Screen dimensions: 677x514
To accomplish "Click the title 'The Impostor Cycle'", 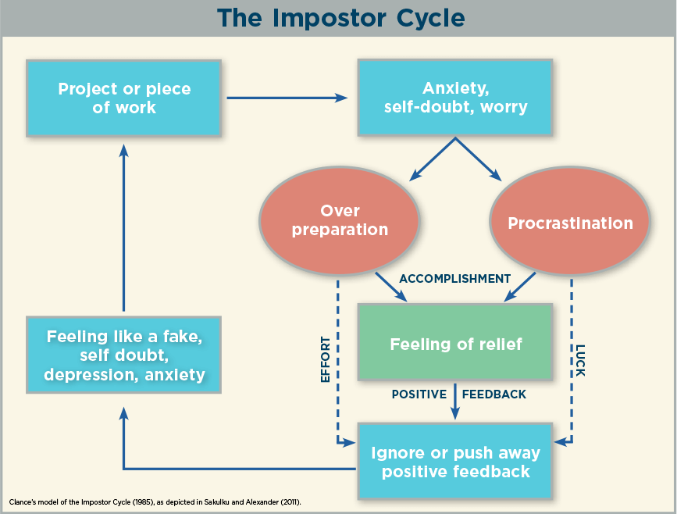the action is tap(341, 18).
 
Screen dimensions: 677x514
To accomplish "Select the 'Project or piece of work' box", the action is tap(124, 98).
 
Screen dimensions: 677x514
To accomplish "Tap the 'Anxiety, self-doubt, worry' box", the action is tap(455, 98).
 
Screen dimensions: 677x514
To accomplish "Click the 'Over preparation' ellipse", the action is tap(340, 221).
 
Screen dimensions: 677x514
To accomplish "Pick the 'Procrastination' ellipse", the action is tap(570, 221).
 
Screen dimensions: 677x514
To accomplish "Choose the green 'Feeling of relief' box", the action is tap(455, 342).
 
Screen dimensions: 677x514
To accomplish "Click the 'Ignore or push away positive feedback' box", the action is tap(455, 462).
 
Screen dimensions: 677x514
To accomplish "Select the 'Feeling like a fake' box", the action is tap(124, 355).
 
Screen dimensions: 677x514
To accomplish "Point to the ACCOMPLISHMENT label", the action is tap(455, 279).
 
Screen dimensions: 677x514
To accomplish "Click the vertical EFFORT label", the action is tap(326, 360).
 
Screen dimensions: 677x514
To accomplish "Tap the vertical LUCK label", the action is tap(580, 361).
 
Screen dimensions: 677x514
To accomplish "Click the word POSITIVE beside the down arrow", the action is tap(419, 394).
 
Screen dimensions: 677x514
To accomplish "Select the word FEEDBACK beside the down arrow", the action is tap(494, 394).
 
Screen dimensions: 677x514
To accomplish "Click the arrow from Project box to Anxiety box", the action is tap(287, 98).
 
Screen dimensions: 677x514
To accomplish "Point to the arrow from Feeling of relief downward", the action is tap(454, 402).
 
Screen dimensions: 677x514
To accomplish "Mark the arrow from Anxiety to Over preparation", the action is tap(432, 159).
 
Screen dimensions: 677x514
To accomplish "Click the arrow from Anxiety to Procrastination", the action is tap(479, 159).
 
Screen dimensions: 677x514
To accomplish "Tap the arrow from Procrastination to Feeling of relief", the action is tap(520, 287).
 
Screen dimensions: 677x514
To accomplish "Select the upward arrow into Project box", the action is tap(124, 227).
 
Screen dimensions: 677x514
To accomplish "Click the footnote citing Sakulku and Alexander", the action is tap(155, 502).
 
